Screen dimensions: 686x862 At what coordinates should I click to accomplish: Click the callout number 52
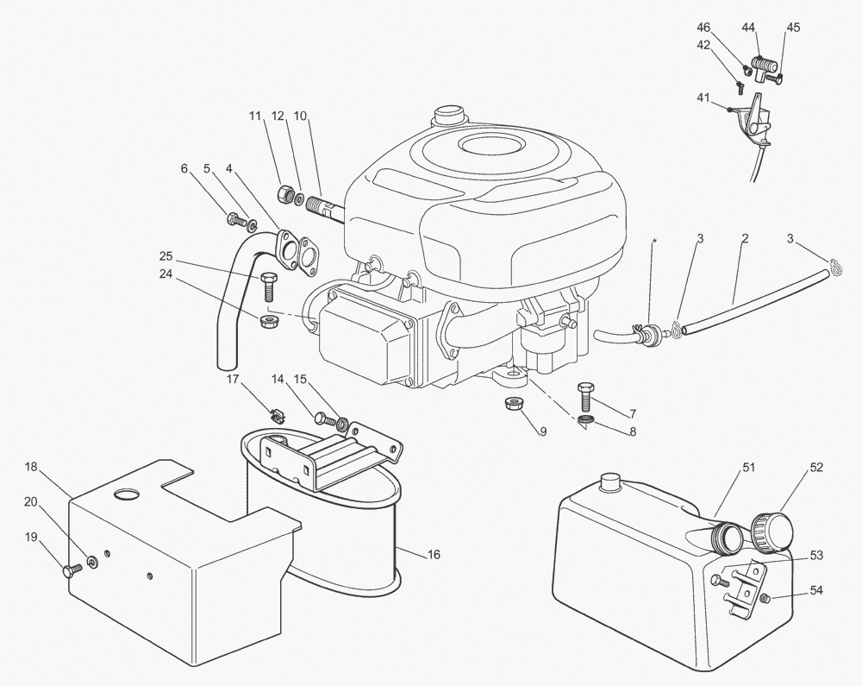(816, 468)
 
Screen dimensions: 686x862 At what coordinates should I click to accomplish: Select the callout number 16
(434, 555)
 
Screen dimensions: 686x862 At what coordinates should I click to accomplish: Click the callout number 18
(31, 467)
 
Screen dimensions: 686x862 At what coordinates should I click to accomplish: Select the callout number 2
(744, 237)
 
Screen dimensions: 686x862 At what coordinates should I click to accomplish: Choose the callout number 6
(184, 168)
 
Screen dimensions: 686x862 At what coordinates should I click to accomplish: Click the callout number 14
(277, 379)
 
